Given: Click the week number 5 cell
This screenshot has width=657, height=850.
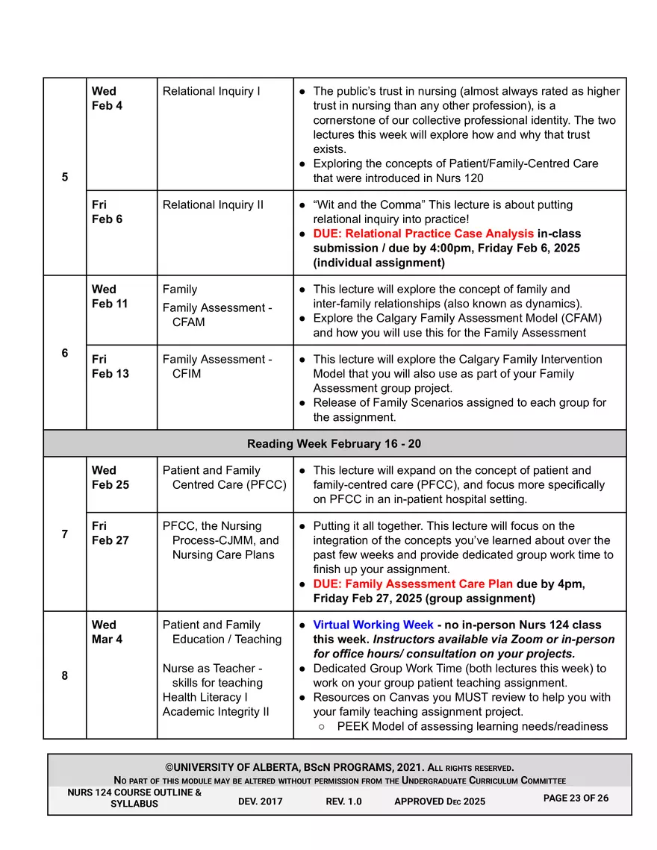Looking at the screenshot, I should click(65, 178).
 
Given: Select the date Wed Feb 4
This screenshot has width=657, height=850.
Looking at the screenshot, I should click(107, 99).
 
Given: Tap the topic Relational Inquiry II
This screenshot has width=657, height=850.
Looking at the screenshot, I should click(213, 204).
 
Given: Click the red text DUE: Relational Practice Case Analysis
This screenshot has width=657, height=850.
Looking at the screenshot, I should click(423, 234).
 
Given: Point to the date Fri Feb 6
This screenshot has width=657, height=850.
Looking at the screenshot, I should click(107, 212).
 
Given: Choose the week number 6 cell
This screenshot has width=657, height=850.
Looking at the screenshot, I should click(65, 353).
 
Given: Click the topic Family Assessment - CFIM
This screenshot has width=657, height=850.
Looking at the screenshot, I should click(217, 366).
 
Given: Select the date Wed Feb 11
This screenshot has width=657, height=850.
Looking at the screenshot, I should click(110, 296).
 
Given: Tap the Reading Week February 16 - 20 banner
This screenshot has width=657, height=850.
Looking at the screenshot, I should click(334, 444).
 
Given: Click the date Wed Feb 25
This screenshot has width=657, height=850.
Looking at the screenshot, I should click(110, 478).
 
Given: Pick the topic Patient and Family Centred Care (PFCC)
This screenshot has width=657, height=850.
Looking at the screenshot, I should click(224, 478).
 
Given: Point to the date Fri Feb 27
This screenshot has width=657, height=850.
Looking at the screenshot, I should click(110, 533).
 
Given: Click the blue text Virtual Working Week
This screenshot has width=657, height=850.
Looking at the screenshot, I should click(373, 625).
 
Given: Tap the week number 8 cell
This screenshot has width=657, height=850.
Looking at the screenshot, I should click(65, 675).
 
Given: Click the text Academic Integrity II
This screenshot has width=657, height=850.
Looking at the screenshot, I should click(216, 711).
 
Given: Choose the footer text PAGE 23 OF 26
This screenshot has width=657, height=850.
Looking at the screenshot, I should click(576, 799).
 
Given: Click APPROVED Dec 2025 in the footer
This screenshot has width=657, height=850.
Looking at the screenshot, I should click(440, 801).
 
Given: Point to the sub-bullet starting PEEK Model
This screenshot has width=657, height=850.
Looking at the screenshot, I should click(472, 726).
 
